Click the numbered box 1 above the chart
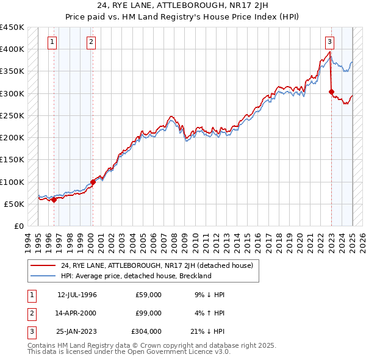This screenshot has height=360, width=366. (x=52, y=42)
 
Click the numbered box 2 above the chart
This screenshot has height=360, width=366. (x=91, y=42)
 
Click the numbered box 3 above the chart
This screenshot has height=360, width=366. (x=329, y=42)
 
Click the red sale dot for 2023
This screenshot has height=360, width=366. (x=331, y=92)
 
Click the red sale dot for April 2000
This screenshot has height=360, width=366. (x=93, y=182)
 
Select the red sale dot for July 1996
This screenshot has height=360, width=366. (x=54, y=200)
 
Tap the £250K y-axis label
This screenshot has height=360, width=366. (x=12, y=115)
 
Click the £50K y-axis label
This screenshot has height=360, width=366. (x=15, y=204)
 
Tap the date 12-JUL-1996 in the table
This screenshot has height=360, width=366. (x=77, y=295)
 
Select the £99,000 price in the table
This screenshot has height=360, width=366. (x=149, y=313)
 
